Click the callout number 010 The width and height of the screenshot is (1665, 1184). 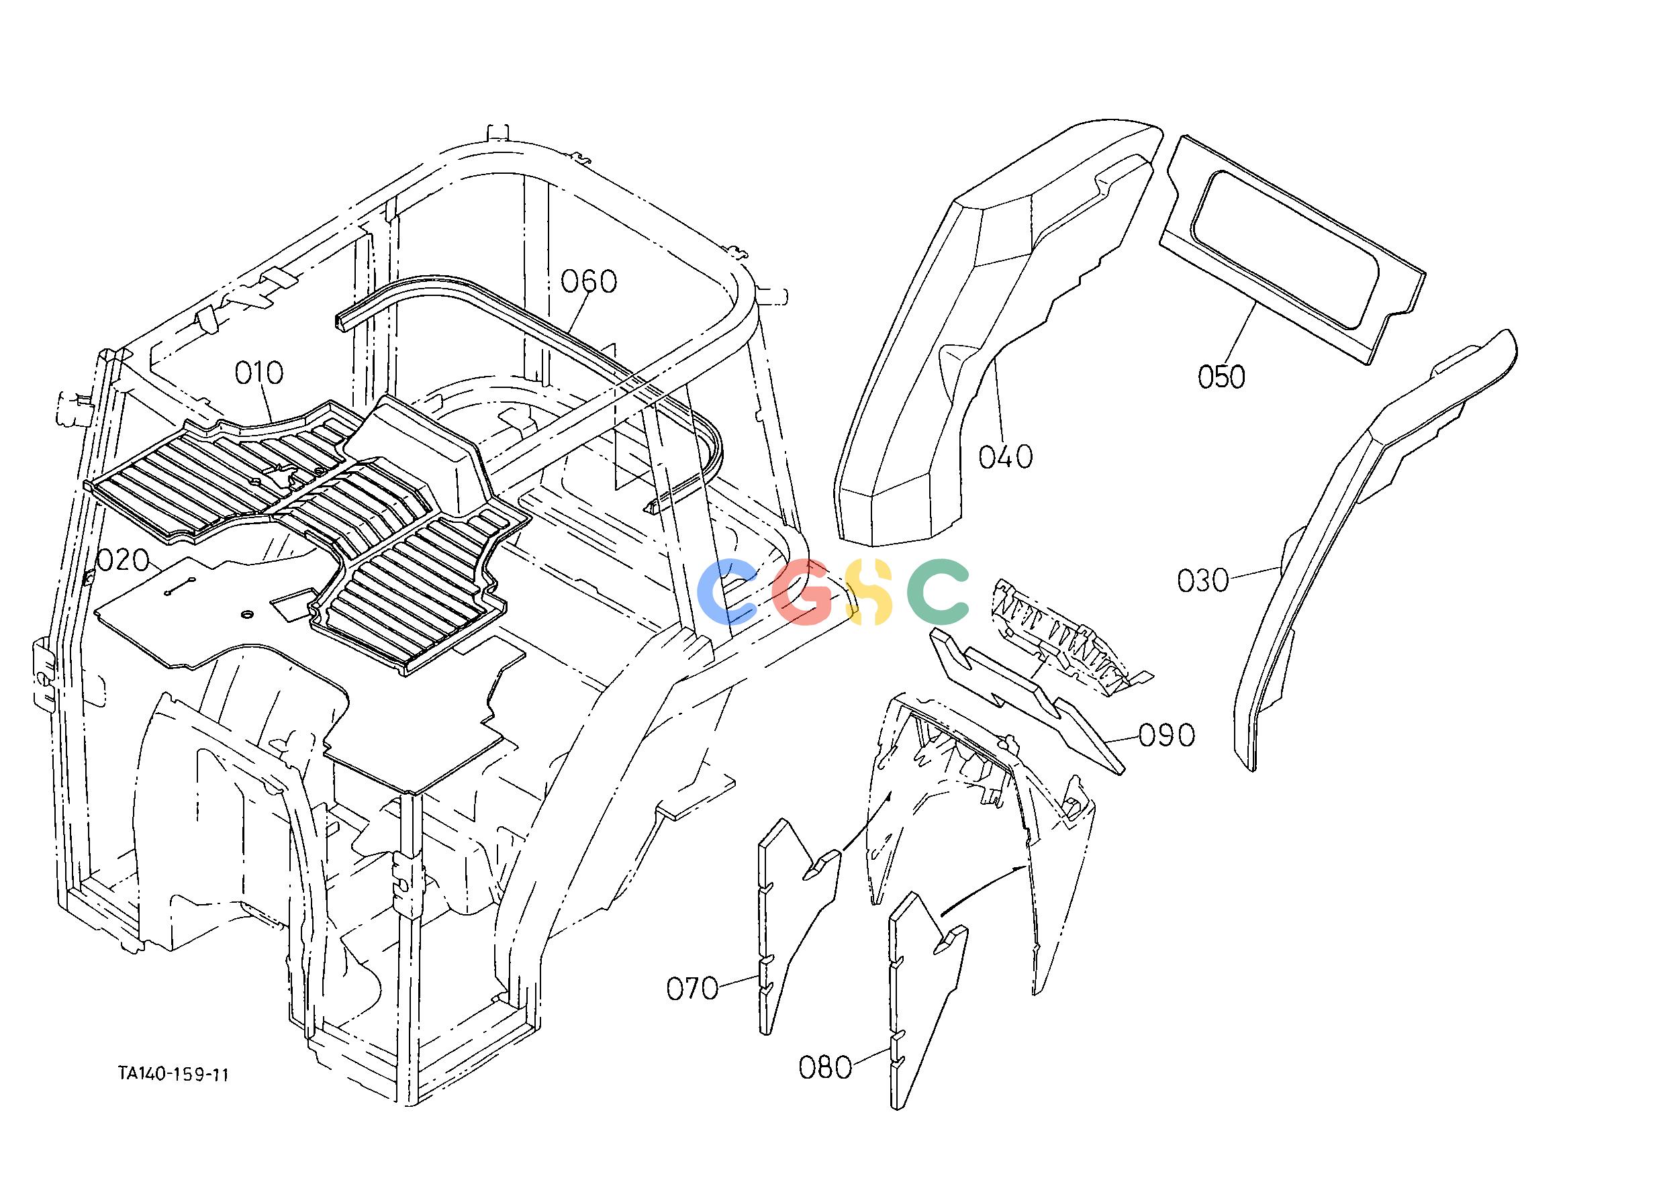[x=259, y=373]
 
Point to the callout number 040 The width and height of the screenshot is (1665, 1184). [x=1006, y=457]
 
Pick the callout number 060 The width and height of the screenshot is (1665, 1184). [x=589, y=281]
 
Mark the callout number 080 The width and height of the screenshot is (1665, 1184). [x=826, y=1068]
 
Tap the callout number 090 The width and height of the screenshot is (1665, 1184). [x=1167, y=736]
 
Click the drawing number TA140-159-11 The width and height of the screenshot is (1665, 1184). [x=175, y=1074]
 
